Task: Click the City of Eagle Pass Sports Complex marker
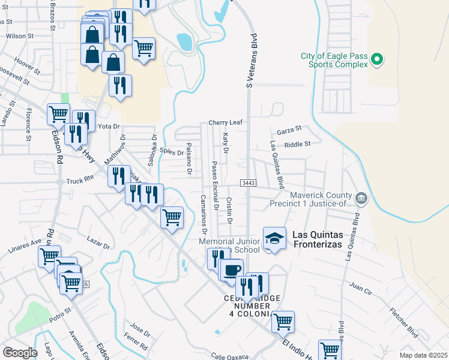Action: [377, 59]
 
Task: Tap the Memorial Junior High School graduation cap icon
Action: [274, 238]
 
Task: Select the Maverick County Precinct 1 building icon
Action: [361, 197]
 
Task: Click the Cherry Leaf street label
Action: [225, 122]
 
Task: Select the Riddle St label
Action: [298, 144]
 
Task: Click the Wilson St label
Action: [19, 36]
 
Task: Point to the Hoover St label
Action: [27, 61]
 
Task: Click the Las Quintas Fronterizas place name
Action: [317, 239]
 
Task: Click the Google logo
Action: [20, 352]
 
